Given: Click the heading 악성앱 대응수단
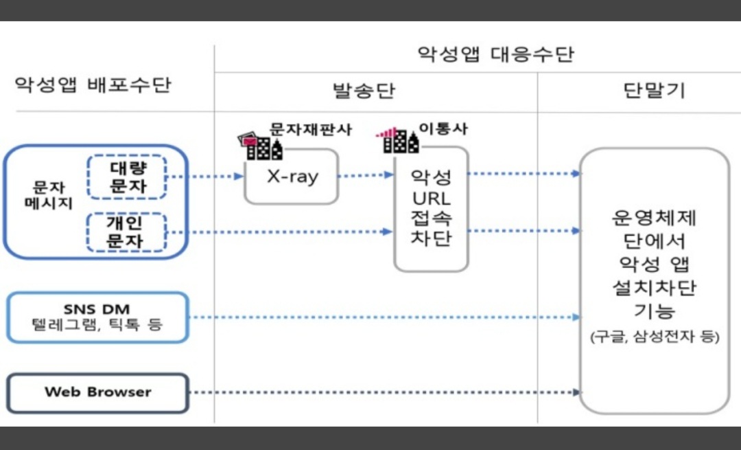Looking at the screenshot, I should click(495, 55).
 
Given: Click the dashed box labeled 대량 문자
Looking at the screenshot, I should click(127, 177).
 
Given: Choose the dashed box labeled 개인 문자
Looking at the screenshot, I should click(127, 232).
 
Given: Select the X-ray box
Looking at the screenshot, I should click(292, 177).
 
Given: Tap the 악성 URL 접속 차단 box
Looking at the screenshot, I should click(431, 209).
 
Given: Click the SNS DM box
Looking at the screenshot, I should click(97, 317).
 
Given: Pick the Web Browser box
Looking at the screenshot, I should click(97, 392).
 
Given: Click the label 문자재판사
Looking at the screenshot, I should click(311, 130).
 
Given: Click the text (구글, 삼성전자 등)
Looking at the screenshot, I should click(655, 338).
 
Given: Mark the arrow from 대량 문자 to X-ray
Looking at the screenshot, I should click(206, 177).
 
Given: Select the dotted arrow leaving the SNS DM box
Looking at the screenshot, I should click(384, 317).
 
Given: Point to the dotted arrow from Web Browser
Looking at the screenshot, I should click(384, 393).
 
